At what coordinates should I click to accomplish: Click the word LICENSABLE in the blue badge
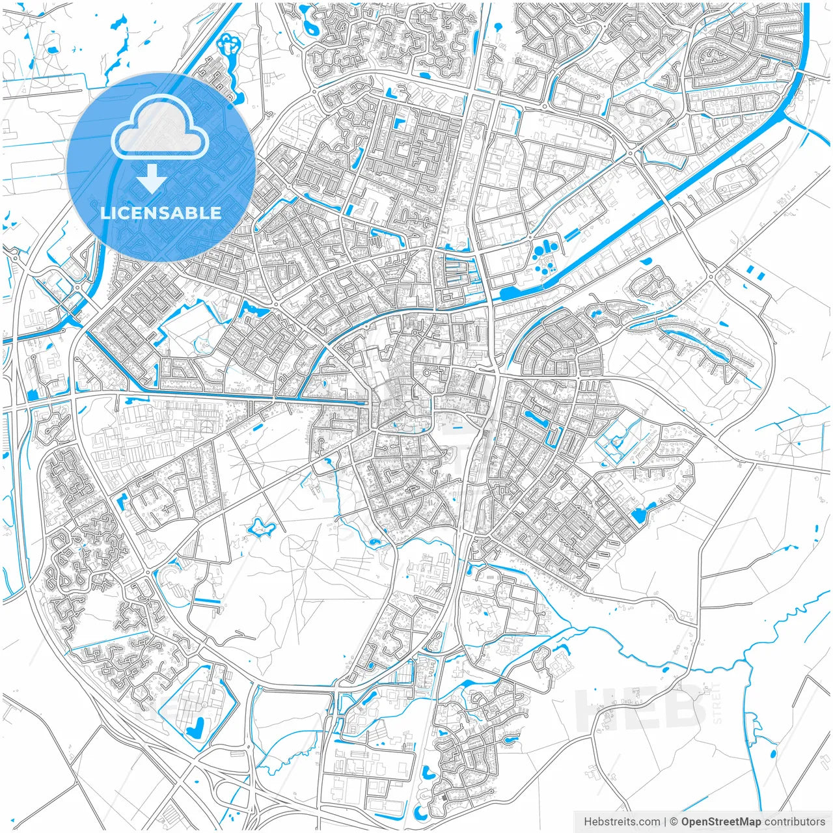tap(161, 213)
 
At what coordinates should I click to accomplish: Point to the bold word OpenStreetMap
tap(721, 822)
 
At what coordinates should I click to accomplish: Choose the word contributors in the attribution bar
tap(795, 822)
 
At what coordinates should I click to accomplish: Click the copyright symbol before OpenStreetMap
tap(674, 822)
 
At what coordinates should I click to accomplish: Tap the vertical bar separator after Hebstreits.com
tap(664, 822)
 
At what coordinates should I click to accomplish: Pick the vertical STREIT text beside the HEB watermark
tap(717, 703)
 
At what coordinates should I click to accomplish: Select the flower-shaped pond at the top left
tap(228, 44)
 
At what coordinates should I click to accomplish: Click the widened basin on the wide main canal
tap(514, 292)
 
